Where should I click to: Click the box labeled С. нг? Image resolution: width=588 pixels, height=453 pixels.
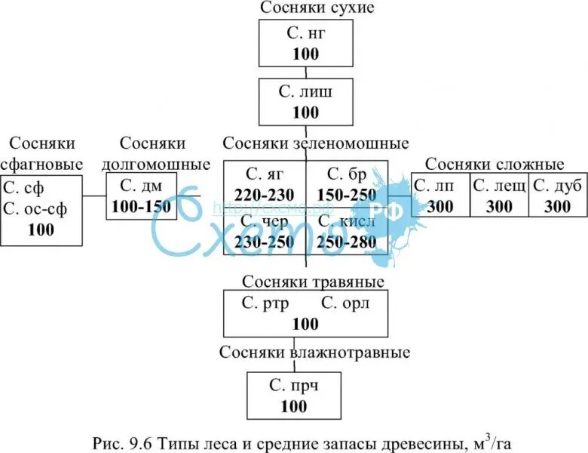(x=305, y=43)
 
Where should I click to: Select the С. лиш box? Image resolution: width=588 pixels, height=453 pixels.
(x=305, y=102)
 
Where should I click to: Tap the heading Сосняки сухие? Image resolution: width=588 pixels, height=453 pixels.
(x=317, y=8)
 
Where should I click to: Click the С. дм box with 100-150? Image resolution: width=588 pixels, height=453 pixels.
(x=142, y=196)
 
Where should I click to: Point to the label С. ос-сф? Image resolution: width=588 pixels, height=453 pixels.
(x=35, y=209)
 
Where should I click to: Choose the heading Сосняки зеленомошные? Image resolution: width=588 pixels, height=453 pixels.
(x=316, y=143)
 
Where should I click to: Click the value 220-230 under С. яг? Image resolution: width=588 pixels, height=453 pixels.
(x=264, y=194)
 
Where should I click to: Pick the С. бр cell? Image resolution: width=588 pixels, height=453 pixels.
(x=347, y=183)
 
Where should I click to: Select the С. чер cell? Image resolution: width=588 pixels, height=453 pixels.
(x=265, y=230)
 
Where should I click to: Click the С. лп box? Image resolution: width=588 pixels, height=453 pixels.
(x=439, y=196)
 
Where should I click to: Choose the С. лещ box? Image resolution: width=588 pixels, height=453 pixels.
(x=498, y=196)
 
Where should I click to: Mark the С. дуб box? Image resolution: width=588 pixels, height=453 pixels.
(x=557, y=196)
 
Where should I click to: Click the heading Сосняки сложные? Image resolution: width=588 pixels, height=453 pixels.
(x=494, y=165)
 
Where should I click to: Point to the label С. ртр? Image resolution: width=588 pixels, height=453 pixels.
(x=262, y=304)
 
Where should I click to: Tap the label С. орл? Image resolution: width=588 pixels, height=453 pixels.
(x=345, y=304)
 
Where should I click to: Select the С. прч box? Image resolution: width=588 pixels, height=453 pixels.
(x=294, y=396)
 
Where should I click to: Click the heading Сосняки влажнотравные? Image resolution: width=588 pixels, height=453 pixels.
(x=315, y=353)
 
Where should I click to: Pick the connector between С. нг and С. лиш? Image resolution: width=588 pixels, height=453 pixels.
(x=305, y=72)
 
